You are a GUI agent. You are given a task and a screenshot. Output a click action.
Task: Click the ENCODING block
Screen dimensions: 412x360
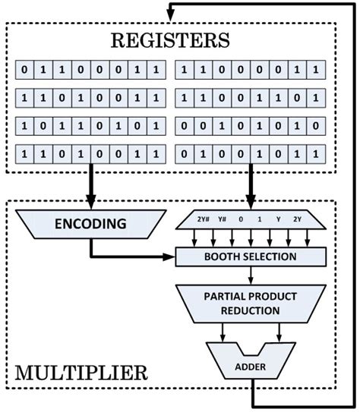click(x=90, y=222)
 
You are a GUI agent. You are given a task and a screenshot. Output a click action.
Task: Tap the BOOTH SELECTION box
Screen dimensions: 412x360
click(x=249, y=256)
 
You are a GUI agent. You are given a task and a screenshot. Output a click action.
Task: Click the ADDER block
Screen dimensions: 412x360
click(x=249, y=363)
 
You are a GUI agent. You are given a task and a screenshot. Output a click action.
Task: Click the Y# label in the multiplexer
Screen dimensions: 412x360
click(x=223, y=220)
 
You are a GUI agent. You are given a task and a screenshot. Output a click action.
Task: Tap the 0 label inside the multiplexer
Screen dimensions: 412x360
click(x=241, y=220)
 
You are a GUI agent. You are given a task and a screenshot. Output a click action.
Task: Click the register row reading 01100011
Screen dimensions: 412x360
click(x=90, y=72)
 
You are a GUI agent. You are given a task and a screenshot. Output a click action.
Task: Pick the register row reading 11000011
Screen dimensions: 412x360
click(x=249, y=72)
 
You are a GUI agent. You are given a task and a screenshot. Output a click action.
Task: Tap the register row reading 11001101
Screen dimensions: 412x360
click(x=249, y=99)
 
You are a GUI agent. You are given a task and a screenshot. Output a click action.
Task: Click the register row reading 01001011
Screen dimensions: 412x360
click(x=249, y=153)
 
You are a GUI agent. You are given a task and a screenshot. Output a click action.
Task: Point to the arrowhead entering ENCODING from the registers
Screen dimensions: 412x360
click(x=90, y=203)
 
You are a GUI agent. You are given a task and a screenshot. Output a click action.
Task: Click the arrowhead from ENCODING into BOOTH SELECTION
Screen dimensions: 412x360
click(x=170, y=256)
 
